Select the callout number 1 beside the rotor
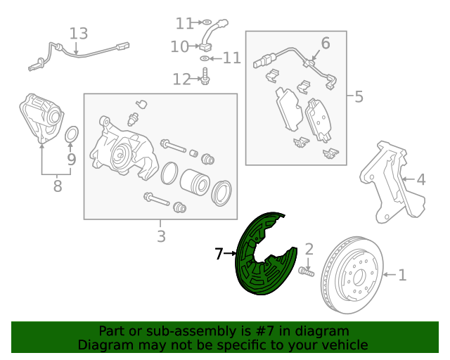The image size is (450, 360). point(402,275)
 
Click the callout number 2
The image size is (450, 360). point(308,248)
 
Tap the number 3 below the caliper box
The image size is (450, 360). point(161,236)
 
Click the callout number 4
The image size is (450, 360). point(420,180)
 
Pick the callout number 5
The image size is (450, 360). point(359,96)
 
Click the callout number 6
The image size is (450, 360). point(325,44)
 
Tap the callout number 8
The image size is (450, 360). point(57,186)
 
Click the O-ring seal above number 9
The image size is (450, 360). point(72,134)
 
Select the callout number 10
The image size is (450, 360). point(179,47)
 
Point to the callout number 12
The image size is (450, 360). point(181,79)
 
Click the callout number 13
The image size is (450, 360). point(79,33)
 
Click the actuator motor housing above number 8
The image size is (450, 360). point(41,117)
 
